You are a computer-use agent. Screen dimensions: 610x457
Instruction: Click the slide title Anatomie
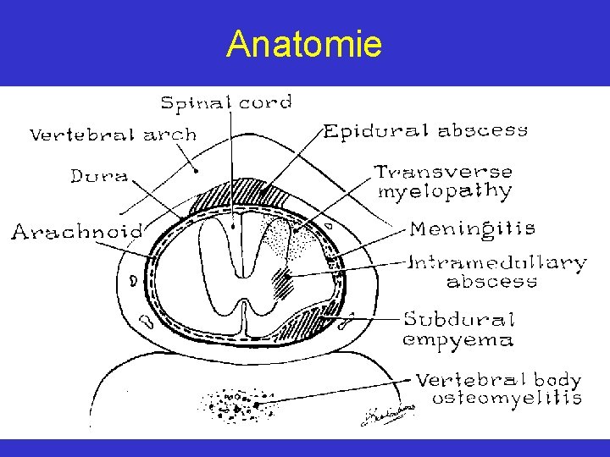tap(304, 44)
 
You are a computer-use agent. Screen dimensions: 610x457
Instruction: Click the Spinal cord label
tap(226, 103)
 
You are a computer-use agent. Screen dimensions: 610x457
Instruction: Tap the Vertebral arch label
tap(113, 135)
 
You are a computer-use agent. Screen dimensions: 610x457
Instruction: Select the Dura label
tap(99, 176)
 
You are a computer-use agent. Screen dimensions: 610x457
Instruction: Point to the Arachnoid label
tap(76, 230)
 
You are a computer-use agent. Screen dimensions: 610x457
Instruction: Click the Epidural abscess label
tap(426, 130)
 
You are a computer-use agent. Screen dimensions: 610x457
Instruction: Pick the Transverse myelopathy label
tap(445, 181)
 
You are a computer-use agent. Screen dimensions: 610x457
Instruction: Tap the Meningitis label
tap(473, 228)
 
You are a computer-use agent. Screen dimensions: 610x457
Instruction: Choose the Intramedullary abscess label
tap(498, 271)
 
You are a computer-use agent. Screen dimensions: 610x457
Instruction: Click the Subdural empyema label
tap(458, 329)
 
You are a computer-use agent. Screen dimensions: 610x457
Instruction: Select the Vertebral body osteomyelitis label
tap(498, 388)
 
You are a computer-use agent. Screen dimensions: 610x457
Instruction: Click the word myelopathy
tap(445, 192)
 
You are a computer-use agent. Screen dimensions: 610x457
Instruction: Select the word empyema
tap(457, 340)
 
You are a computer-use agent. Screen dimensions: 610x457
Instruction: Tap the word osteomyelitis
tap(507, 398)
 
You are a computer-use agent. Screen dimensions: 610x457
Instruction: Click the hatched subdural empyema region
tap(305, 326)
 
